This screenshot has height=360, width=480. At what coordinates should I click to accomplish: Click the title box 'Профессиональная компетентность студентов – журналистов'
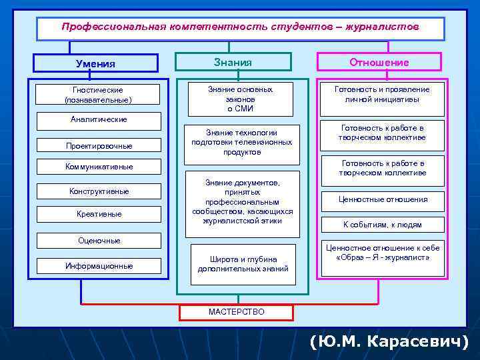(240, 28)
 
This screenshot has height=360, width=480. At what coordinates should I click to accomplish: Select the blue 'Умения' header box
(96, 63)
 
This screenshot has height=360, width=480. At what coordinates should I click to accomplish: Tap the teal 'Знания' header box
(233, 62)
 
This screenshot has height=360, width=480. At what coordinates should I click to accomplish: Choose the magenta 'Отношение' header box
(379, 63)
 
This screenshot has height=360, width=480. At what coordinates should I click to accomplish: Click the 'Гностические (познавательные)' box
(99, 94)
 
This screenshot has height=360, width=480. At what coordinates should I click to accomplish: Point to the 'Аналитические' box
(99, 120)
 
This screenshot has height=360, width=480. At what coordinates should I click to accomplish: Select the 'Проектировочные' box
(99, 145)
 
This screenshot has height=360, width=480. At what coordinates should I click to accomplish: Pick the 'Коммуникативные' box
(99, 167)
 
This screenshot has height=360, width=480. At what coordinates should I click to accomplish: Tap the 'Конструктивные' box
(99, 191)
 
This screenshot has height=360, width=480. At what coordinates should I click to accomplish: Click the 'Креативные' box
(99, 214)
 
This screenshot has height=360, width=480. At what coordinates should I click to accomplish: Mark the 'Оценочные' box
(99, 241)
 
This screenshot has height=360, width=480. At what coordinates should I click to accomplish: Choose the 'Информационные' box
(99, 266)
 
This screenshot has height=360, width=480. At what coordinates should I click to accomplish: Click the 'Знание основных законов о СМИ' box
(240, 99)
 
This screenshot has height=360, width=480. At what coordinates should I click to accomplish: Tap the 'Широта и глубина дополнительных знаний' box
(243, 264)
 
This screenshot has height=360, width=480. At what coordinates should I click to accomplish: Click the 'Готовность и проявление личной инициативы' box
(382, 94)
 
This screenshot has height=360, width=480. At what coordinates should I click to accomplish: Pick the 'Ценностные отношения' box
(382, 199)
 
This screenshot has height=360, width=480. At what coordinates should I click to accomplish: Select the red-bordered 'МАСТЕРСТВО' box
(236, 312)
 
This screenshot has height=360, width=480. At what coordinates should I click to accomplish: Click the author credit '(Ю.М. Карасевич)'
(389, 342)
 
